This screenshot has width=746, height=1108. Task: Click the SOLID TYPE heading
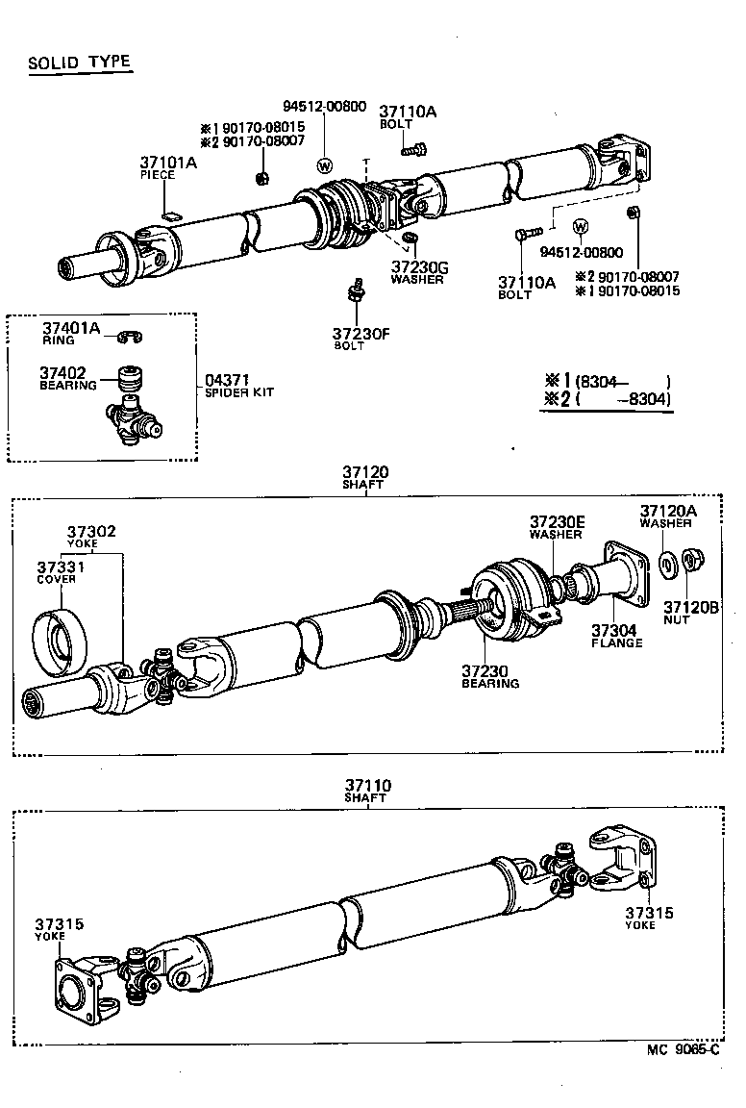point(79,63)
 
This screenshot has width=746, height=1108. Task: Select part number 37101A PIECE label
point(168,167)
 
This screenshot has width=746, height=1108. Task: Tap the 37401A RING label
point(70,332)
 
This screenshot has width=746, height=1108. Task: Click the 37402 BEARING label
point(67,377)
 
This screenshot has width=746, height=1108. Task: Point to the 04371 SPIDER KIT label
point(236,386)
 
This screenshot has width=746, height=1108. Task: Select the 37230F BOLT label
point(361,339)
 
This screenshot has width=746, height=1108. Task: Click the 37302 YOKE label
point(91,536)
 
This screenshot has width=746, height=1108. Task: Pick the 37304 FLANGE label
point(616,636)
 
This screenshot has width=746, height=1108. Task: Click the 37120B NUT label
point(690,613)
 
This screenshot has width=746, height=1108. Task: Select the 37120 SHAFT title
point(364,478)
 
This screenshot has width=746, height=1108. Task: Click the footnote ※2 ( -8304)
point(608,400)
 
